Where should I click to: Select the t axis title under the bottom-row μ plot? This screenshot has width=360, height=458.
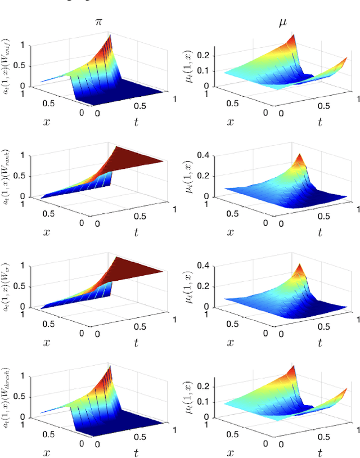pyautogui.click(x=318, y=452)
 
